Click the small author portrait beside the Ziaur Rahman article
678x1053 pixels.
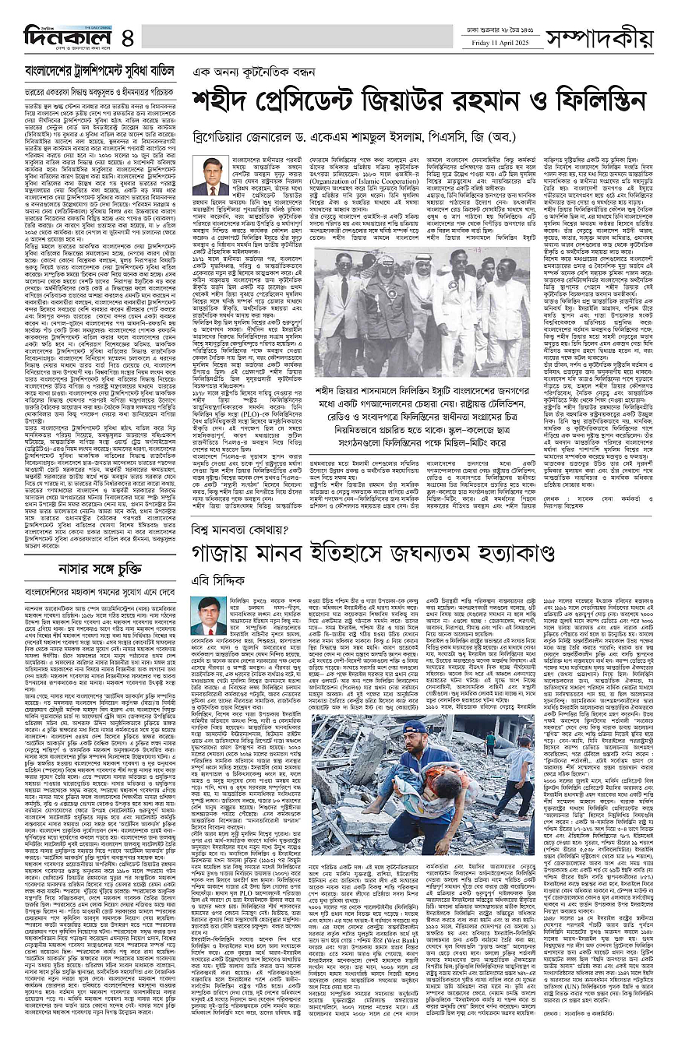click(210, 175)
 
